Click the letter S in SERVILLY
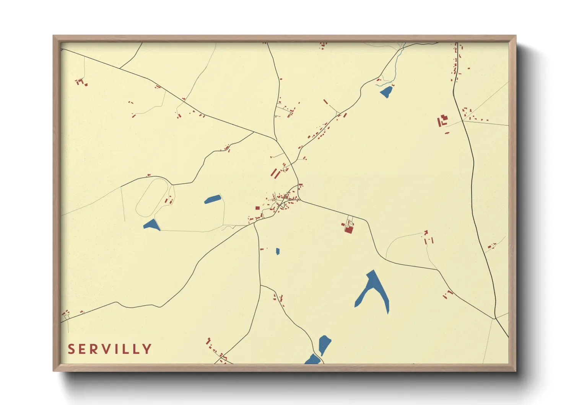click(71, 349)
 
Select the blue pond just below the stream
click(386, 91)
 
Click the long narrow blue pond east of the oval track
click(213, 199)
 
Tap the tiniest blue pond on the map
click(278, 251)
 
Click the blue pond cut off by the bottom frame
click(313, 359)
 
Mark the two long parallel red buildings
click(275, 172)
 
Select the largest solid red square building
click(348, 230)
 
